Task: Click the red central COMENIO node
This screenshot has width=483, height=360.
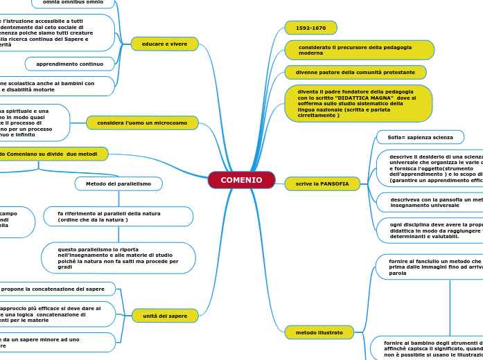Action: pos(241,180)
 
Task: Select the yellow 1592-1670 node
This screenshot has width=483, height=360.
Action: pos(310,28)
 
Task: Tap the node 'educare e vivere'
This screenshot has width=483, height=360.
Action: pos(164,44)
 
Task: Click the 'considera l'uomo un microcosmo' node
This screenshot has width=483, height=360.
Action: pos(142,123)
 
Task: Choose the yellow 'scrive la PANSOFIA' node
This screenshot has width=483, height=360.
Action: pos(322,183)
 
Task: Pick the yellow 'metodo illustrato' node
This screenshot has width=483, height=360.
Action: pos(319,332)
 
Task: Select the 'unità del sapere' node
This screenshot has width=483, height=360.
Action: pos(165,316)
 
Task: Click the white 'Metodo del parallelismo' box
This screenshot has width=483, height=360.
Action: pos(118,183)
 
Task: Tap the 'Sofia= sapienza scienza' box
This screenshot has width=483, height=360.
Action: pos(420,137)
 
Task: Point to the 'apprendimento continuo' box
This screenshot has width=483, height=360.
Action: pos(70,64)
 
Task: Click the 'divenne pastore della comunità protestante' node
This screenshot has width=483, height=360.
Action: pos(355,72)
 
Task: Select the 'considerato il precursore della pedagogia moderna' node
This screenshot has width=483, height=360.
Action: pos(359,50)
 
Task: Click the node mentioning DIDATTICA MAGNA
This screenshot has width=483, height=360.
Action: pos(358,103)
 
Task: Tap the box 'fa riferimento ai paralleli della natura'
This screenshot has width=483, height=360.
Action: pos(118,217)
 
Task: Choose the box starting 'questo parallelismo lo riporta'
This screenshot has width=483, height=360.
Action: pos(118,258)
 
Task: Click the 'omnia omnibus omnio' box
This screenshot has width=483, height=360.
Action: pos(73,3)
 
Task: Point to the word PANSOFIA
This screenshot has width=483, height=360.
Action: pos(338,183)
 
